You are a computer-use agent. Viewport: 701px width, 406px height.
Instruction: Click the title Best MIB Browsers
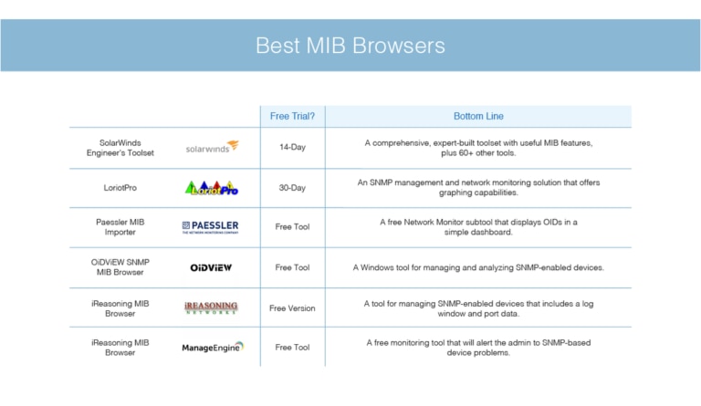[x=350, y=45]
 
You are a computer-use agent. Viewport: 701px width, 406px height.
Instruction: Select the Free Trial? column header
[x=292, y=116]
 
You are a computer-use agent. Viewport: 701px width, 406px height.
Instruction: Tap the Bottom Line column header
[x=478, y=116]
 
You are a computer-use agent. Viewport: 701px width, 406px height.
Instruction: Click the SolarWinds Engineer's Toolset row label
[x=127, y=148]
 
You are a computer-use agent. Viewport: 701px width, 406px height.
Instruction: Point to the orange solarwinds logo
[x=212, y=147]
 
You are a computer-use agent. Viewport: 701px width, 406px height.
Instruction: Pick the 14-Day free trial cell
[x=292, y=148]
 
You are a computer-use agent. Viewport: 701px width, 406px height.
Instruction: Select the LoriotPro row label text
[x=127, y=188]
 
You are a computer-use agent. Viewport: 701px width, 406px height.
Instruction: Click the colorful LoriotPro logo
[x=211, y=187]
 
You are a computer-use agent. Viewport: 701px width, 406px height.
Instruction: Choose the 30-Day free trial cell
[x=292, y=188]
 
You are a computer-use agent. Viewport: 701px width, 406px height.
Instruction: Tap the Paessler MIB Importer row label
[x=127, y=227]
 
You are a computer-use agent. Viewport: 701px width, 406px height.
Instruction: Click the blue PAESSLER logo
[x=210, y=227]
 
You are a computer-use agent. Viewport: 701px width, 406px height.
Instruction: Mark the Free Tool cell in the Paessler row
[x=292, y=227]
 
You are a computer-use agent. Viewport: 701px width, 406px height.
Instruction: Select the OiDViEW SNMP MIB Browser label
[x=127, y=267]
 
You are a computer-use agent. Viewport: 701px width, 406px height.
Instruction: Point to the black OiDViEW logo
[x=210, y=268]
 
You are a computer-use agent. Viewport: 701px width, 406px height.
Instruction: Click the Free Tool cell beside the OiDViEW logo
[x=292, y=267]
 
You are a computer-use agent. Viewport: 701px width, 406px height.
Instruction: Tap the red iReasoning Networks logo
[x=210, y=308]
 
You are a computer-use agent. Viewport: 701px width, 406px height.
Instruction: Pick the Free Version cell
[x=292, y=308]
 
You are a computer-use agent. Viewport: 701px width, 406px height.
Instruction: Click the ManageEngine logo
[x=210, y=348]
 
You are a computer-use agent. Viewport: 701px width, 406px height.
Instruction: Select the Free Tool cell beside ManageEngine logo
[x=292, y=348]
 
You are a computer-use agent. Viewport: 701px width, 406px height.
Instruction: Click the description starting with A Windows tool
[x=478, y=267]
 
